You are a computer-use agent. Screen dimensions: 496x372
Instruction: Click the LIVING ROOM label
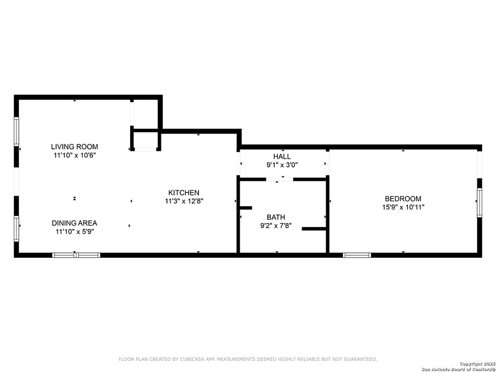click(74, 147)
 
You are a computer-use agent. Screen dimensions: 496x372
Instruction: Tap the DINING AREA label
click(74, 223)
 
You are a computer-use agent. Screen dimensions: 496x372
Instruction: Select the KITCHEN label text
click(184, 193)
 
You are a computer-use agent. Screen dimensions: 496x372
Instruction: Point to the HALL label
click(282, 157)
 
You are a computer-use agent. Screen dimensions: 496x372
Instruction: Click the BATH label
click(276, 217)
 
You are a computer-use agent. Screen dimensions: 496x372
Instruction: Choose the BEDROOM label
click(403, 198)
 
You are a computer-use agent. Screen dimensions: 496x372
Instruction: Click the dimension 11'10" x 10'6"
click(74, 155)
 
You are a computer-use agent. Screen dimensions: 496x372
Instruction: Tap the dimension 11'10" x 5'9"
click(75, 231)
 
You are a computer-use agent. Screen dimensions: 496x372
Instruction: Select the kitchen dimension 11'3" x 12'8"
click(184, 201)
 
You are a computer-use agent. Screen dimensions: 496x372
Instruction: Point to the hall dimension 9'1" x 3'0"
click(282, 165)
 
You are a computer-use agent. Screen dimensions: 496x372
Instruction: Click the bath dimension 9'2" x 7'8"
click(276, 226)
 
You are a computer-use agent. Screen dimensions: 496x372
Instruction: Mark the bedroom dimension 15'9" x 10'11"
click(403, 207)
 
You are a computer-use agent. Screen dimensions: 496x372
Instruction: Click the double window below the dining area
click(76, 255)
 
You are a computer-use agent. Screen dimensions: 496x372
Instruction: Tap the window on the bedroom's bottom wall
click(357, 255)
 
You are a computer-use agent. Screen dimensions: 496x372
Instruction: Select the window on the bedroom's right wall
click(479, 202)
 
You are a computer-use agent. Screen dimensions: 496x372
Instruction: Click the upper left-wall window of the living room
click(17, 131)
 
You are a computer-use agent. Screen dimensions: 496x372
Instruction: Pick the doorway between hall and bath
click(279, 179)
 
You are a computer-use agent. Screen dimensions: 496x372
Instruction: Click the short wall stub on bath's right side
click(314, 229)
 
